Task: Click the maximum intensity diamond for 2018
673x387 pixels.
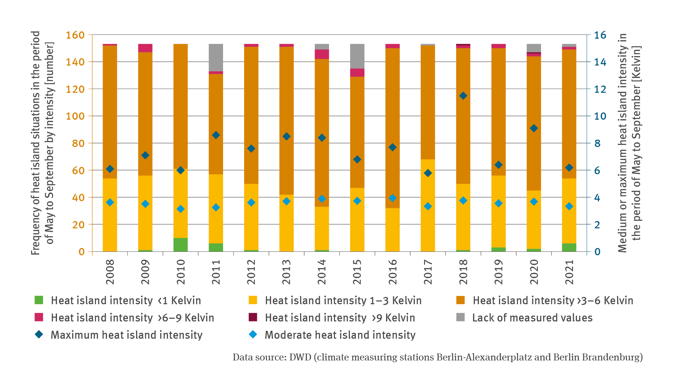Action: click(463, 96)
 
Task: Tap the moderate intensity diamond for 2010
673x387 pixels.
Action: click(180, 209)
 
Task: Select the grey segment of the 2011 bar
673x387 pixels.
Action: click(216, 58)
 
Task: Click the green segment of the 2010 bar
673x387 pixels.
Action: click(180, 245)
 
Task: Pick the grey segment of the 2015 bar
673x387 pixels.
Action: click(357, 56)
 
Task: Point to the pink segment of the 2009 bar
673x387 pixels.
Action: click(145, 48)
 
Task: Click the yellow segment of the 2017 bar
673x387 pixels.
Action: click(428, 205)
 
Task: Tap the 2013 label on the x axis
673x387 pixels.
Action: click(286, 272)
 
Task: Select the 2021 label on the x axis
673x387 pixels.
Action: click(569, 272)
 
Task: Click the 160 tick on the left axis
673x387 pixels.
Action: click(75, 35)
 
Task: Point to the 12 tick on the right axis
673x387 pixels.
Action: click(600, 89)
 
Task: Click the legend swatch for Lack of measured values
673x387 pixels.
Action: click(460, 317)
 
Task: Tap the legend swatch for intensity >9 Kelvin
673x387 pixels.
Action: click(253, 317)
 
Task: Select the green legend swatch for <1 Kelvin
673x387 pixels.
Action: click(39, 300)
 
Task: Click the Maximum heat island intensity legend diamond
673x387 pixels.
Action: click(39, 335)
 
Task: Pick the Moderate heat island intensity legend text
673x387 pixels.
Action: click(340, 335)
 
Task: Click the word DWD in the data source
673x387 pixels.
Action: click(300, 357)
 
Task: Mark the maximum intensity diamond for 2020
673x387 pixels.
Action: click(534, 128)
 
